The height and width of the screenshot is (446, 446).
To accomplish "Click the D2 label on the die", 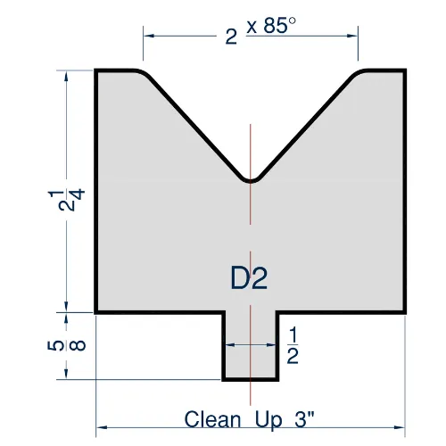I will (x=249, y=279).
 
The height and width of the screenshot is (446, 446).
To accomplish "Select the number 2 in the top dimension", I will (x=231, y=36).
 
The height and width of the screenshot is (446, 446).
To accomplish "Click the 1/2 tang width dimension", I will (x=291, y=345).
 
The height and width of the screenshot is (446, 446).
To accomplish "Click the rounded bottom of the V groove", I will (x=252, y=179).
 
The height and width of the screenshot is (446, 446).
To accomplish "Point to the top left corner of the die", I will (x=97, y=70).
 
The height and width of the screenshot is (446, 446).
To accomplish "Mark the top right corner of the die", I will (x=407, y=70).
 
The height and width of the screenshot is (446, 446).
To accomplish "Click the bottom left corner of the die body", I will (x=97, y=312).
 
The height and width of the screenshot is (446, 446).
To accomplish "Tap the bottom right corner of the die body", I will (x=407, y=312).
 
